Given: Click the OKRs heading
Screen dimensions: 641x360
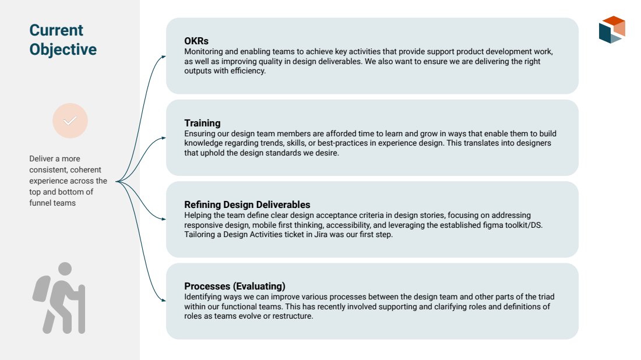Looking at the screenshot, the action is click(x=196, y=41).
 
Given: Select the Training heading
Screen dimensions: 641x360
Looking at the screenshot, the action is click(x=202, y=123).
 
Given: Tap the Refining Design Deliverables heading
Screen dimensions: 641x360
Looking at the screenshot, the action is click(x=247, y=204).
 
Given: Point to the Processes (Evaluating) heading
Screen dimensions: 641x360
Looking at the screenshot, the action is click(x=235, y=287).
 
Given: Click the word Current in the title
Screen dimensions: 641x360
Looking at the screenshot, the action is click(x=56, y=30).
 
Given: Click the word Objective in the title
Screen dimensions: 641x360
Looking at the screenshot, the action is click(x=63, y=50).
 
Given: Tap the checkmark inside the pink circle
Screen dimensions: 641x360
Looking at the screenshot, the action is click(x=70, y=121).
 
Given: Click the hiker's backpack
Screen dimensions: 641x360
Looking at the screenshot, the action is click(x=41, y=289).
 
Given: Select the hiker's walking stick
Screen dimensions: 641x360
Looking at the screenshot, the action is click(x=82, y=309).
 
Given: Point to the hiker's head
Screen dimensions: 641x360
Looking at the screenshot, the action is click(x=65, y=269).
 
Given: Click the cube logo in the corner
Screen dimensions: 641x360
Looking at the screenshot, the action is click(x=612, y=30).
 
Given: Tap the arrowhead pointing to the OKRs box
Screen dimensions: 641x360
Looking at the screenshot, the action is click(x=164, y=57).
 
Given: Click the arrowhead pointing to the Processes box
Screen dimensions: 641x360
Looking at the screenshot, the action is click(x=164, y=301).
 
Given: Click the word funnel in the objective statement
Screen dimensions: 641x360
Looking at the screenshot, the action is click(x=40, y=203).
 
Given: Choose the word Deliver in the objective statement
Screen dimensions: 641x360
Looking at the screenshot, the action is click(x=41, y=158).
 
